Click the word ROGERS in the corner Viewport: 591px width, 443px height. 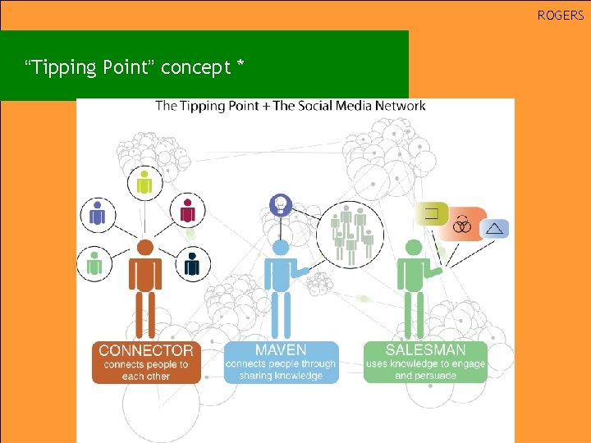[x=561, y=15]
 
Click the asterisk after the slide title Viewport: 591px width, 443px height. [x=240, y=66]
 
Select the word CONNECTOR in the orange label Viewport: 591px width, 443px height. [x=146, y=350]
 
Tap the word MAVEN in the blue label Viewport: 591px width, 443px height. [x=280, y=350]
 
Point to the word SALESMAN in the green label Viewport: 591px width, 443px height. [x=425, y=350]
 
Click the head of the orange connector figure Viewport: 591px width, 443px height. [x=145, y=247]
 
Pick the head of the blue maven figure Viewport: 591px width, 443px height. [x=281, y=247]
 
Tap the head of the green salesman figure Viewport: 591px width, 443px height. [x=415, y=247]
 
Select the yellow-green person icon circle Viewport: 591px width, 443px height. [x=144, y=183]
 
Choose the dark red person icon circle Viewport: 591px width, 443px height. [x=187, y=212]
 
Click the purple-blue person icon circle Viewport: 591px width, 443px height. [x=98, y=214]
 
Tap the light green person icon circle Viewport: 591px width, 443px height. [x=95, y=263]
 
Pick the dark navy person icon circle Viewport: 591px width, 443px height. [x=192, y=263]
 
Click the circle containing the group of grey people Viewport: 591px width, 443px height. [x=350, y=235]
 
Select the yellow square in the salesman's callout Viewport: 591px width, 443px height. [x=431, y=215]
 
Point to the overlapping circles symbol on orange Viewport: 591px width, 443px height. [x=462, y=225]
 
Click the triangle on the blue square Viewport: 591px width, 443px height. [x=494, y=228]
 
